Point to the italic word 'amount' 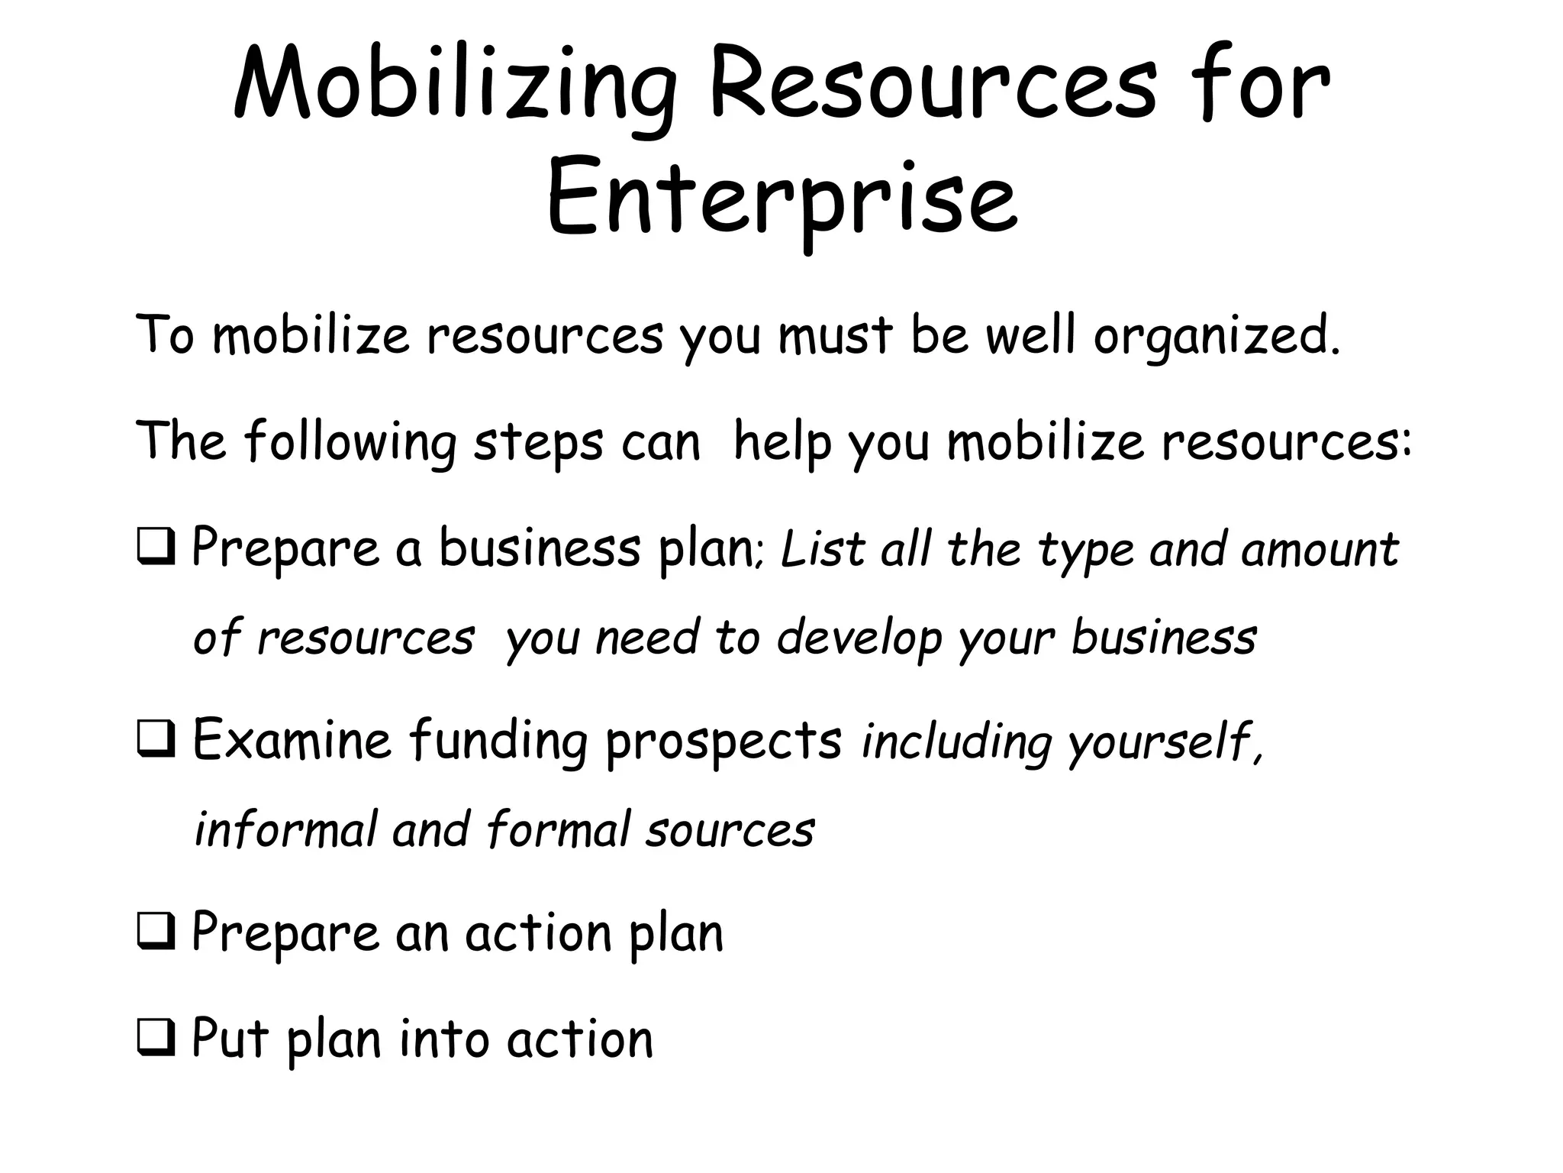point(1320,551)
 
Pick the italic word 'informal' point(285,830)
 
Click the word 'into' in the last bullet point(443,1039)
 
